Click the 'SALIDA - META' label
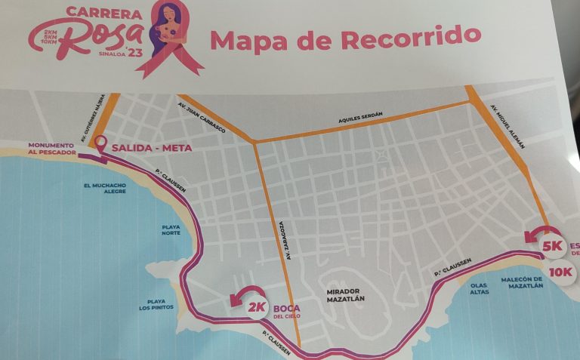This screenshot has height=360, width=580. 148,149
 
